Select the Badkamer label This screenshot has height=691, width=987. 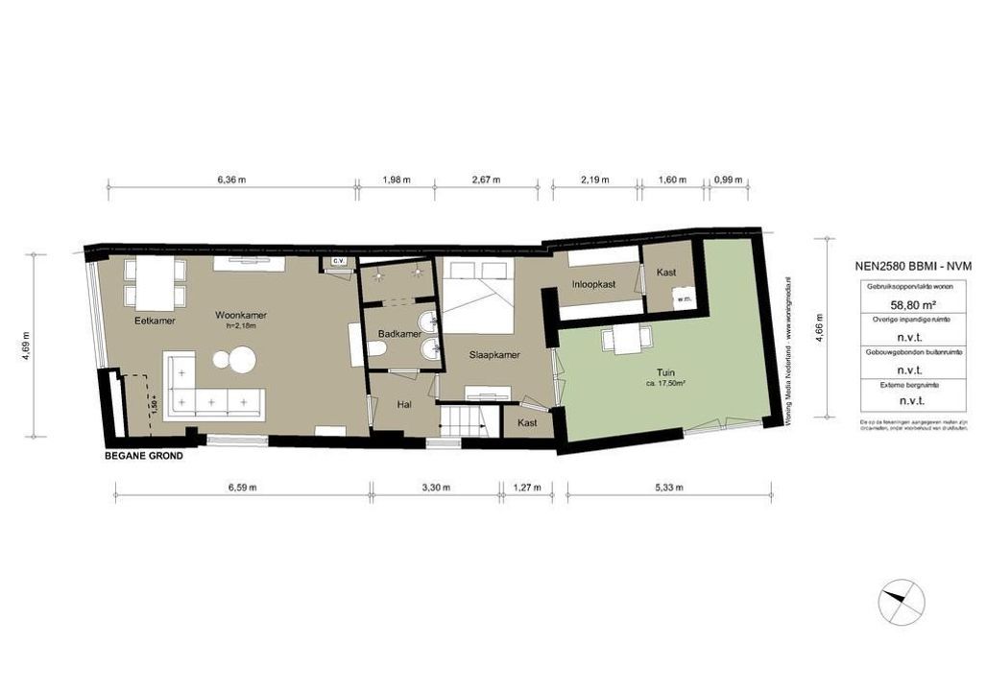point(396,334)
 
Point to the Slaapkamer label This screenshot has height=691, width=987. point(494,354)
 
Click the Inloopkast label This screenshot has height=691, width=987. point(592,284)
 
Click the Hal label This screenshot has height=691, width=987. point(404,405)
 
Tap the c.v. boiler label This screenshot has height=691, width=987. point(338,261)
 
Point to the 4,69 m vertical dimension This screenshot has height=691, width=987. point(27,344)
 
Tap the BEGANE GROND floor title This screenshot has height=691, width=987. point(144,456)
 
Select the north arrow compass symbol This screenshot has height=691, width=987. point(903,603)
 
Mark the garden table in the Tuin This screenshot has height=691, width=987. point(628,337)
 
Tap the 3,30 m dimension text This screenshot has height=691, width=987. point(435,488)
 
